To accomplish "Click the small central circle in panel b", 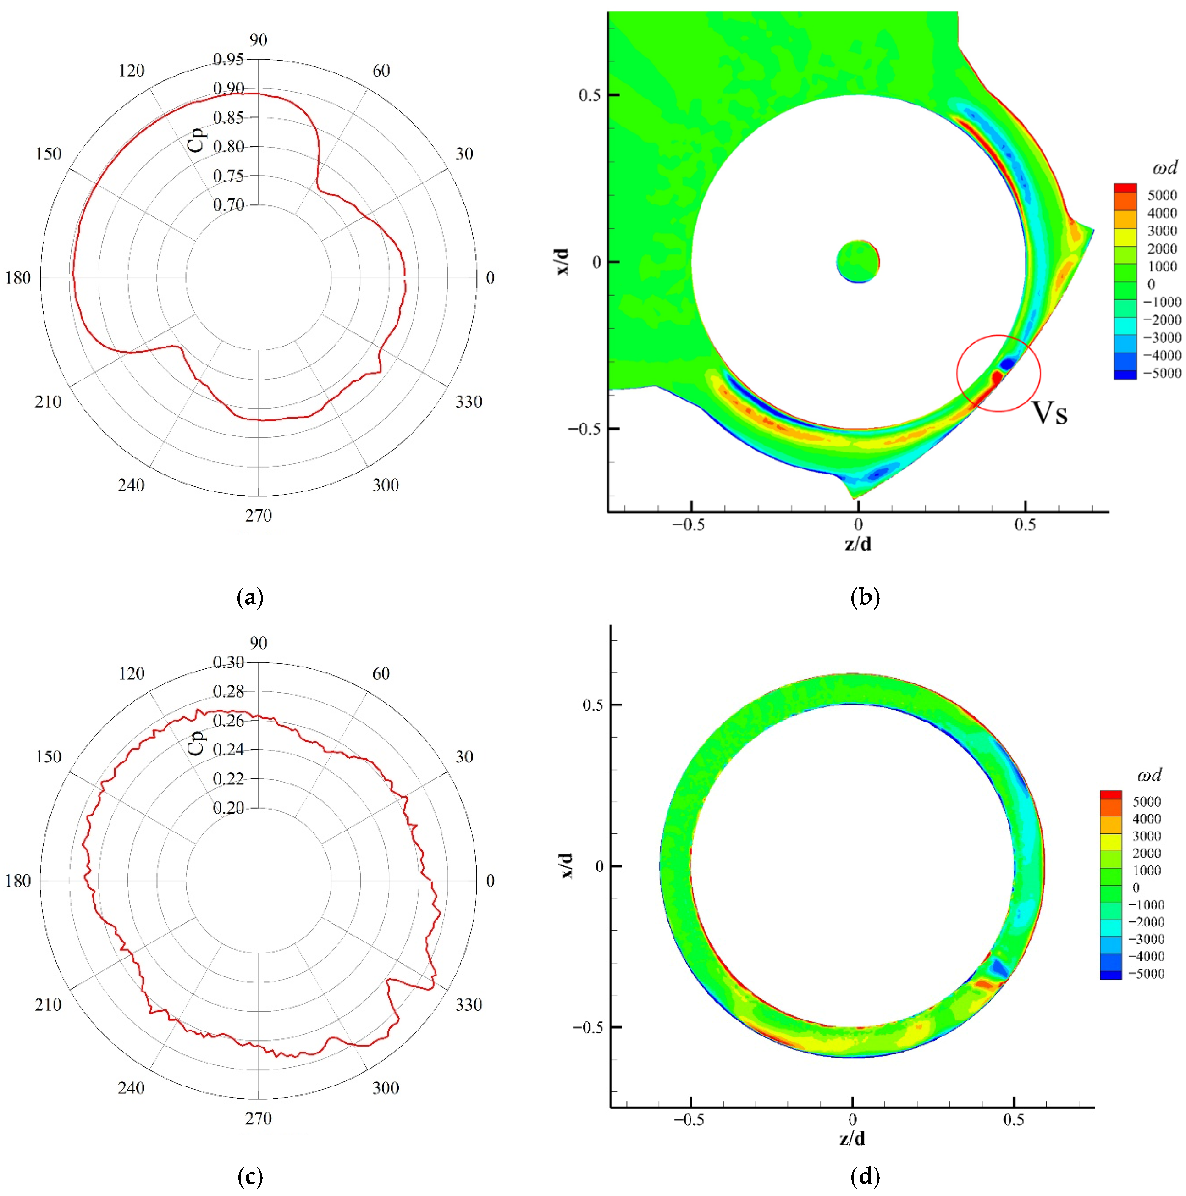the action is click(858, 261).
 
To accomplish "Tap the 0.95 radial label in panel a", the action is click(228, 59).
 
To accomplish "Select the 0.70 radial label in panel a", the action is click(228, 204).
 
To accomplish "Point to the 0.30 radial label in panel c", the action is click(228, 662).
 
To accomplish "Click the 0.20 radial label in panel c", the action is click(228, 808).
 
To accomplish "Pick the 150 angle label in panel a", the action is click(48, 154).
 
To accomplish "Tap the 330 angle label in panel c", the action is click(469, 1005).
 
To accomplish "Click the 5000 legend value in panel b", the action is click(1162, 195).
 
